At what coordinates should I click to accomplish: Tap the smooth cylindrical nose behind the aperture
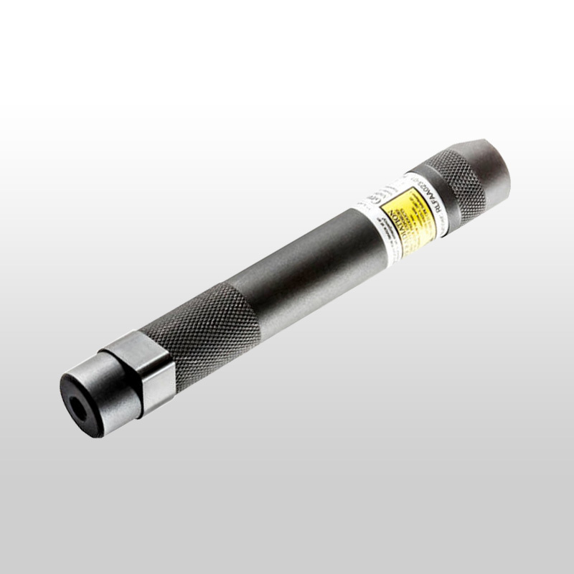[x=100, y=380]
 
